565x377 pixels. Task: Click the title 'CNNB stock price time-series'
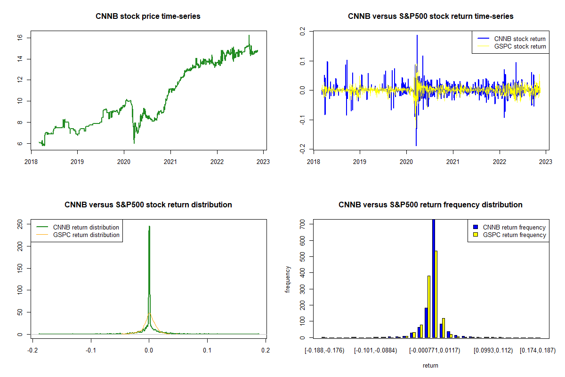pyautogui.click(x=148, y=16)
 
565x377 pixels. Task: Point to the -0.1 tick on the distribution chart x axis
pyautogui.click(x=91, y=350)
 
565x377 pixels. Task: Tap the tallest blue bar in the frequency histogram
pyautogui.click(x=433, y=278)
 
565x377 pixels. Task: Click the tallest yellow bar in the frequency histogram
pyautogui.click(x=436, y=295)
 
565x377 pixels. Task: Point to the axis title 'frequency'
pyautogui.click(x=288, y=279)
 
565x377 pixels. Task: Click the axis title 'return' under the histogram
pyautogui.click(x=430, y=365)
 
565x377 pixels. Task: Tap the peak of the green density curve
pyautogui.click(x=149, y=227)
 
